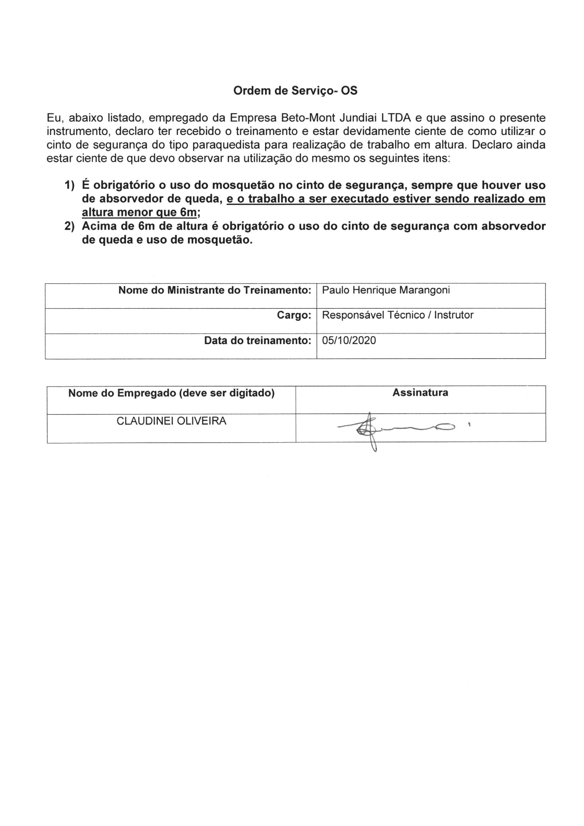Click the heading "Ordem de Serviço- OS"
[295, 91]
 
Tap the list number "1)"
[70, 185]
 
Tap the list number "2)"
[70, 227]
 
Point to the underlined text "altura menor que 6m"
[140, 213]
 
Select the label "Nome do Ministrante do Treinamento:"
[214, 290]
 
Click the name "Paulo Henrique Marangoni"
[386, 290]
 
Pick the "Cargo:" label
[294, 315]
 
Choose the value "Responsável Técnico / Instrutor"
[397, 315]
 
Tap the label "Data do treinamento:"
[257, 340]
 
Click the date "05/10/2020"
[349, 340]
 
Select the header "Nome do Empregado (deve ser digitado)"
[171, 393]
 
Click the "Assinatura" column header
[420, 393]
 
